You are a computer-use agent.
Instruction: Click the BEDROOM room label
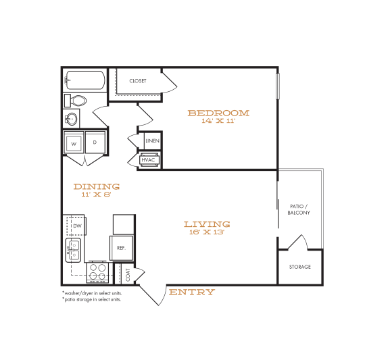click(x=218, y=113)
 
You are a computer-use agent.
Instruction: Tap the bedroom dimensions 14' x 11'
click(x=218, y=122)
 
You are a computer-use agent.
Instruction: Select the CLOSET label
click(x=139, y=81)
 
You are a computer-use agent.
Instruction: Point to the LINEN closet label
click(x=152, y=141)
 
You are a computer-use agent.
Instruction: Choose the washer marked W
click(x=74, y=143)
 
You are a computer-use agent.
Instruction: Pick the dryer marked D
click(x=95, y=143)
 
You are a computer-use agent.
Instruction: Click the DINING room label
click(x=97, y=186)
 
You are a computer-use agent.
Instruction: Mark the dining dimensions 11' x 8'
click(x=97, y=195)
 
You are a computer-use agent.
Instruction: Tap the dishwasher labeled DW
click(x=77, y=226)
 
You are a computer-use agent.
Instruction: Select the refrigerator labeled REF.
click(x=122, y=248)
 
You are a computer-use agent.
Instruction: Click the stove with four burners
click(x=98, y=272)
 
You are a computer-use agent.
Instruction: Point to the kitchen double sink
click(x=72, y=250)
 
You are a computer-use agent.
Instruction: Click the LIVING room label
click(x=207, y=224)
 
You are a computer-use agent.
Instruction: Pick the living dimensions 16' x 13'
click(x=207, y=232)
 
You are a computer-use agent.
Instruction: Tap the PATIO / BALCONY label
click(x=299, y=209)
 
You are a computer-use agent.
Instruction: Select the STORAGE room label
click(x=300, y=267)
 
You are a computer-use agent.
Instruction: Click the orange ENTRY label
click(x=192, y=292)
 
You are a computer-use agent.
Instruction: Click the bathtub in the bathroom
click(x=84, y=81)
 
